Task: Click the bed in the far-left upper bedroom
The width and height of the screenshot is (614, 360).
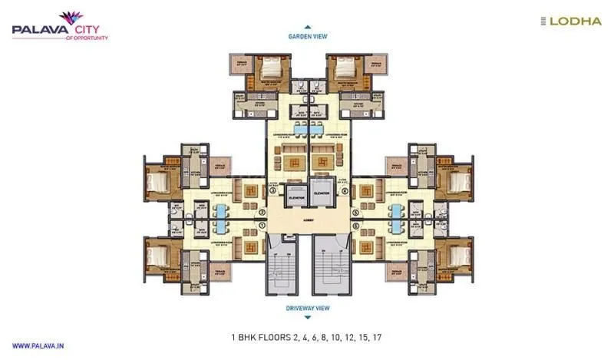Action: pos(158,183)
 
